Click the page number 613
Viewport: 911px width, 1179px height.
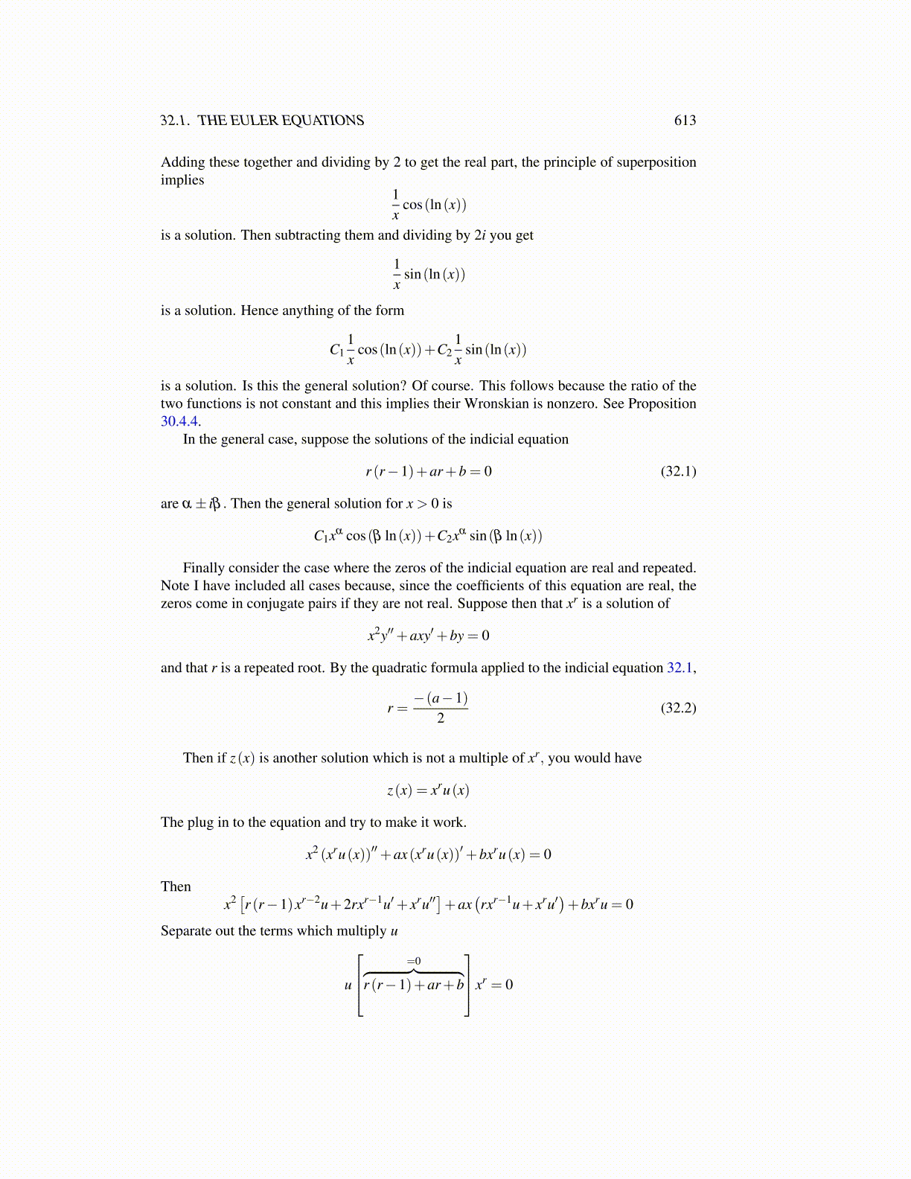pyautogui.click(x=685, y=121)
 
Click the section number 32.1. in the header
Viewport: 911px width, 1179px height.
pyautogui.click(x=175, y=121)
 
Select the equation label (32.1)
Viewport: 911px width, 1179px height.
pyautogui.click(x=678, y=471)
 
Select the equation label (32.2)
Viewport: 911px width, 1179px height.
pyautogui.click(x=678, y=707)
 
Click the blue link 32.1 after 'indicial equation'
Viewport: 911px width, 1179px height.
pyautogui.click(x=680, y=668)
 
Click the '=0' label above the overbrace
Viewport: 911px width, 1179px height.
pyautogui.click(x=414, y=961)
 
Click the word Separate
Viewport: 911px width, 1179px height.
pyautogui.click(x=186, y=931)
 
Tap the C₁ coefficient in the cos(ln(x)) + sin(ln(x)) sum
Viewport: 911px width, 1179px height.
pyautogui.click(x=336, y=350)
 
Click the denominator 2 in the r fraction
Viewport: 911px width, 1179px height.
pyautogui.click(x=441, y=718)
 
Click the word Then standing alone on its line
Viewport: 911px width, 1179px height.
pyautogui.click(x=176, y=886)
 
